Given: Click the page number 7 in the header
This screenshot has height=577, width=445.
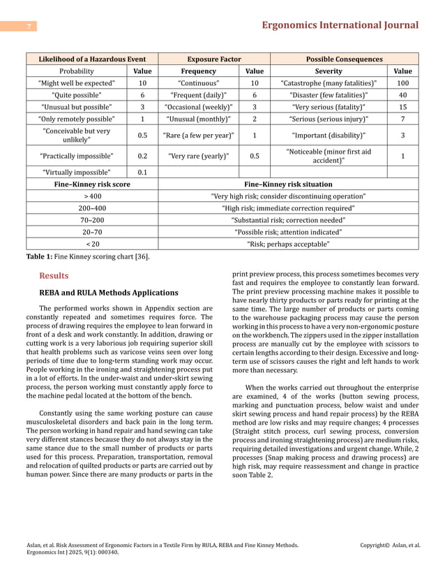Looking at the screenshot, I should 29,27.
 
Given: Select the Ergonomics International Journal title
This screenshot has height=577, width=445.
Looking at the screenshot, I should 339,25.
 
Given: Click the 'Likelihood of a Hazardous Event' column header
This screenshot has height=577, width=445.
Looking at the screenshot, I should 92,59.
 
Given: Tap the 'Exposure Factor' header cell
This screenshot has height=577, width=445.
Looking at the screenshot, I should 214,59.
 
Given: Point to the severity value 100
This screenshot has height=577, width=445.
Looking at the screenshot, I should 402,82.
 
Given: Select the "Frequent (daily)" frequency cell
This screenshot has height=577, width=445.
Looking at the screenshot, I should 198,94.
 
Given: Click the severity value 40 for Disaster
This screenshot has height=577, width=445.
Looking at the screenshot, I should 402,94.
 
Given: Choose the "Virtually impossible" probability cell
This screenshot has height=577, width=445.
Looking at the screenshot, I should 77,172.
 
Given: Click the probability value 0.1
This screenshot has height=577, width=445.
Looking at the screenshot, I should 142,172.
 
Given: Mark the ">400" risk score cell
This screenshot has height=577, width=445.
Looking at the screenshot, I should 92,196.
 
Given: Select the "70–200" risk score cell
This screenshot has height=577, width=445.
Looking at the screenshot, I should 92,220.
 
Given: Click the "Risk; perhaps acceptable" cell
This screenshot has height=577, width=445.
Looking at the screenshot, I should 288,244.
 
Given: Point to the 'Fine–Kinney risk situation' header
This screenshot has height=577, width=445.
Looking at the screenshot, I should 288,184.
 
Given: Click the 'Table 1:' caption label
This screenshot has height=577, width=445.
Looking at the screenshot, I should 40,256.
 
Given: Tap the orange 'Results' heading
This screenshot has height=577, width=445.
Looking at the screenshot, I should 54,276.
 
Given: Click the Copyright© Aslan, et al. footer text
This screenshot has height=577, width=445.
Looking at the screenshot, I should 389,544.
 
